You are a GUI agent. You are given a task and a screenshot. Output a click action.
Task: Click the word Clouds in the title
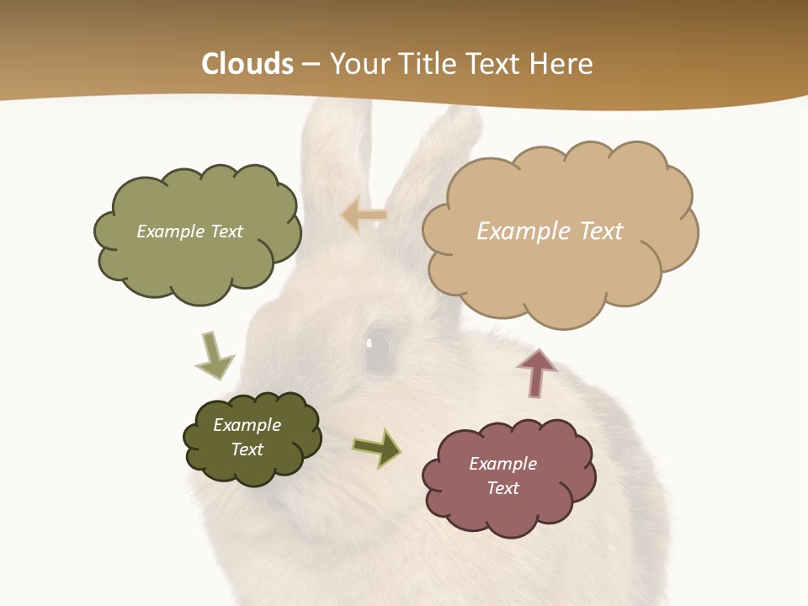coord(247,64)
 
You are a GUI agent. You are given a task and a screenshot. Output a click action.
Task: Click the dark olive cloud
coord(252,438)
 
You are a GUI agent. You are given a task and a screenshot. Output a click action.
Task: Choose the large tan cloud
coord(559,231)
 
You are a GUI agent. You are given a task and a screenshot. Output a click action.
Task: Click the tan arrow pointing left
coord(364,215)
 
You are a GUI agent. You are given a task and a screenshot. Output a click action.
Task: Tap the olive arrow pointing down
coord(213,354)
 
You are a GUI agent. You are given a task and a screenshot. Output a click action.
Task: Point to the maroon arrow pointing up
coord(537,372)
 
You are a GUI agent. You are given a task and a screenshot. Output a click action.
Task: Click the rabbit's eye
coord(378,345)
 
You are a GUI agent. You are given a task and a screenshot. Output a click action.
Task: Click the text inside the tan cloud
coord(550,231)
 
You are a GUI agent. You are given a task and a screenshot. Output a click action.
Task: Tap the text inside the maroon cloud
coord(502,476)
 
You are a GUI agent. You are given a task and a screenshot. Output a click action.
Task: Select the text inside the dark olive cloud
coord(247,437)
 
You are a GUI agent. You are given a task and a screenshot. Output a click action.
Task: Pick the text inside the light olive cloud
coord(189,231)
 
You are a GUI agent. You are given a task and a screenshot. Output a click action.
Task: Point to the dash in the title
coord(311,64)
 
